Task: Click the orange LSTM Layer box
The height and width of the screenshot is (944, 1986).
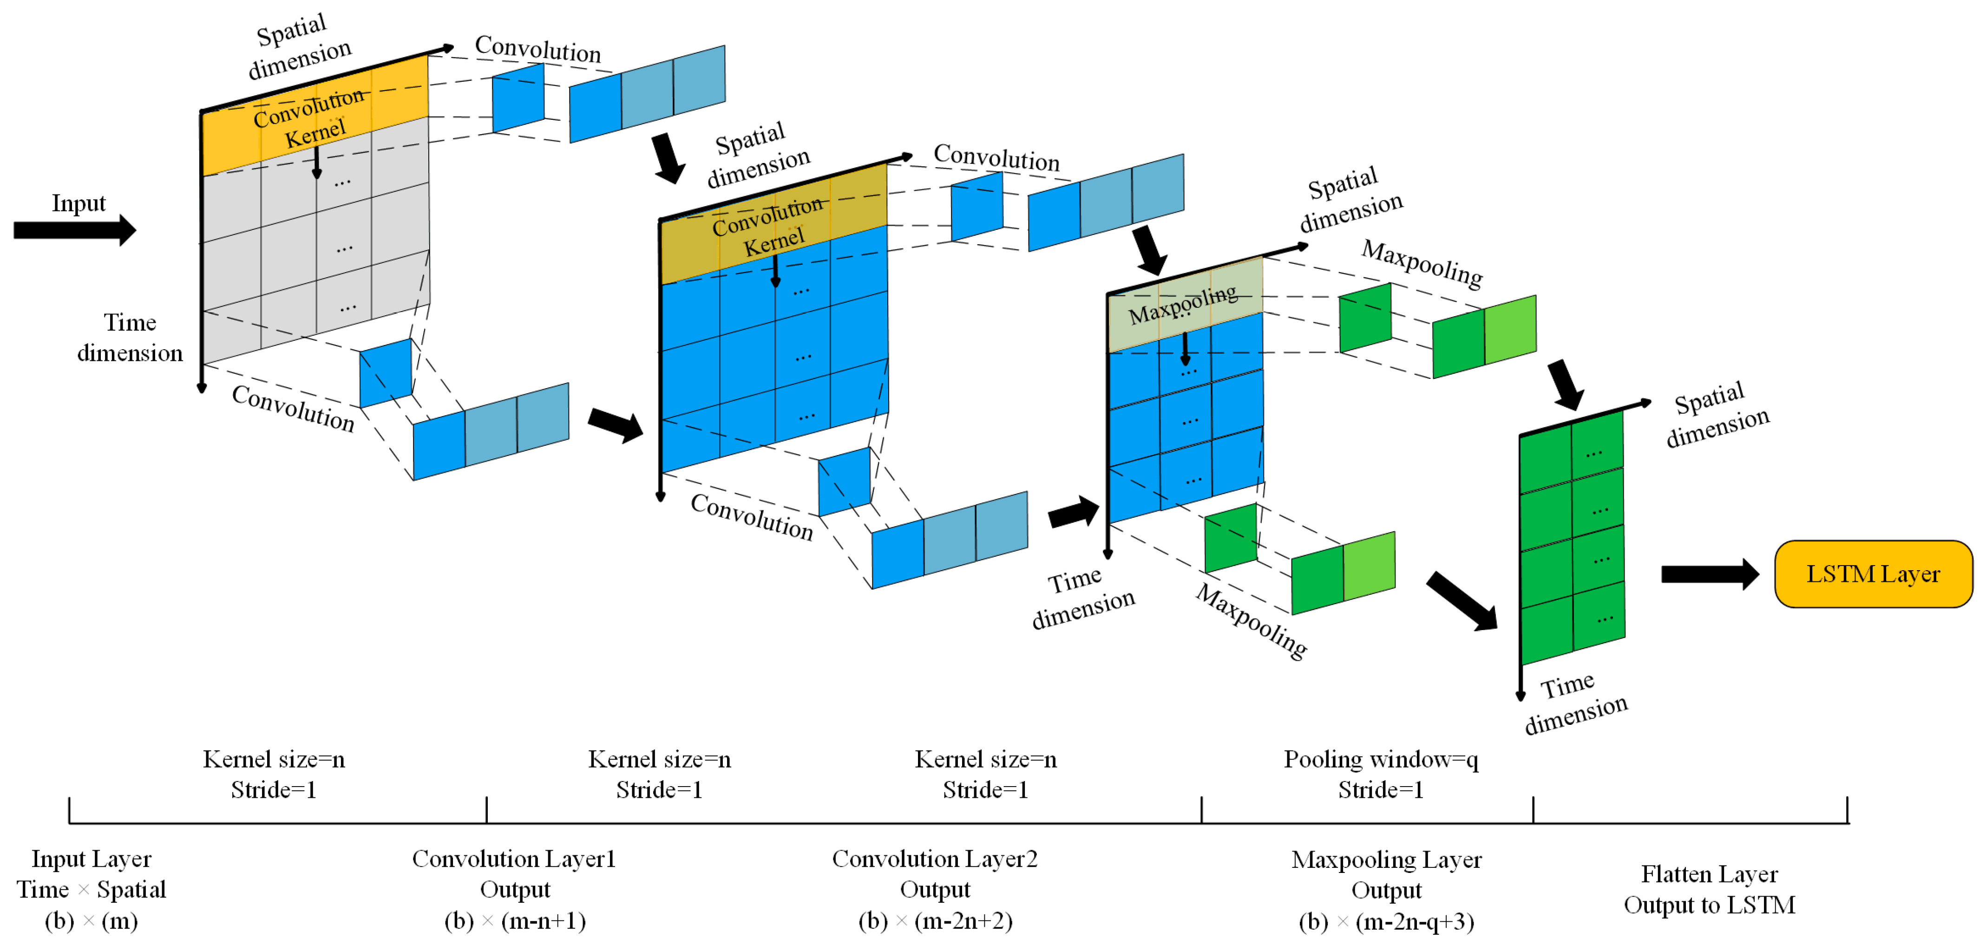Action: [x=1873, y=574]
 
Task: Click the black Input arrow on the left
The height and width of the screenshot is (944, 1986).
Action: [x=74, y=230]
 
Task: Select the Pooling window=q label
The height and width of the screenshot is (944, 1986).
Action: [x=1380, y=759]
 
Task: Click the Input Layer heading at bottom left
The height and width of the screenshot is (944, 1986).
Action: [x=91, y=859]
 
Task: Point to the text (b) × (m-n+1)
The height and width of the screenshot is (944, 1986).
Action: [x=515, y=921]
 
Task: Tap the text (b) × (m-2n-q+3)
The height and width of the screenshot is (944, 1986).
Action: [x=1385, y=922]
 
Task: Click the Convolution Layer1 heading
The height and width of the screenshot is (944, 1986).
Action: [x=514, y=859]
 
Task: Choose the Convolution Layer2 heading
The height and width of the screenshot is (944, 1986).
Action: [x=934, y=859]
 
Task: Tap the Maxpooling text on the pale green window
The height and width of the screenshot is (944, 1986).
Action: [x=1183, y=305]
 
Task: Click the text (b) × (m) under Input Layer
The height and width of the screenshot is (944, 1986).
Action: [x=91, y=921]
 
